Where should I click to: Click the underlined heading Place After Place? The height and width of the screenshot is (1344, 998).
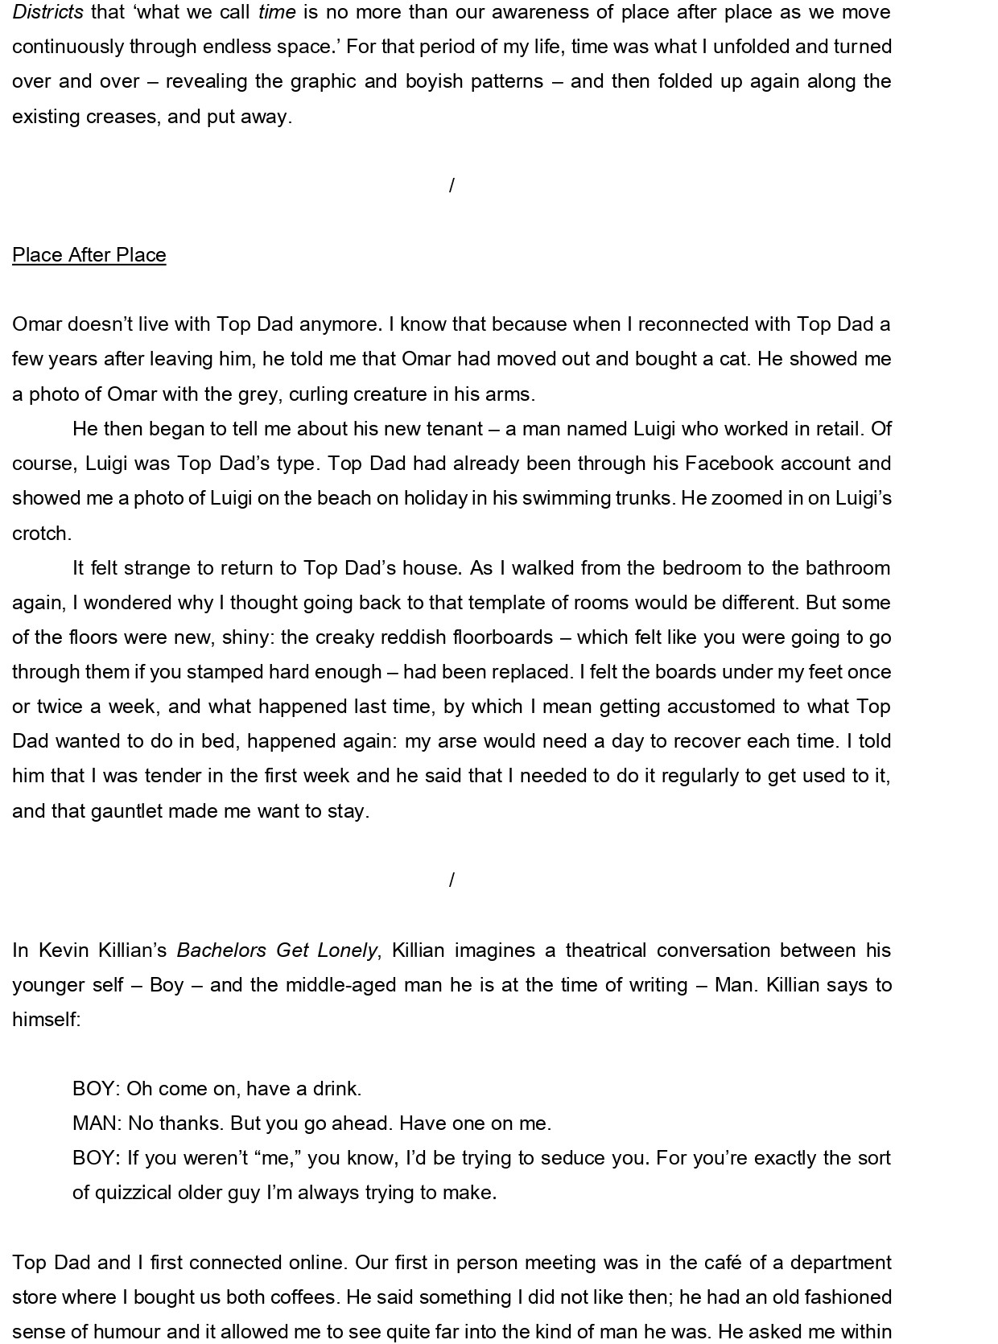click(89, 255)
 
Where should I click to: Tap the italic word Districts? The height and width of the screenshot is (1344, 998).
click(47, 12)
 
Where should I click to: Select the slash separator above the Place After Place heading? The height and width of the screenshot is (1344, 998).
click(452, 186)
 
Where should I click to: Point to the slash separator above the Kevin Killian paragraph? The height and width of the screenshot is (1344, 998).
click(452, 880)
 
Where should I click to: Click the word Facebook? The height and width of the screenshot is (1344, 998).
click(732, 464)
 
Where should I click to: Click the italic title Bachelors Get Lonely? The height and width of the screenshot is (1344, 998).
click(277, 950)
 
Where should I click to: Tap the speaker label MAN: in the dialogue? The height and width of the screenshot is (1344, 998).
click(97, 1123)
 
